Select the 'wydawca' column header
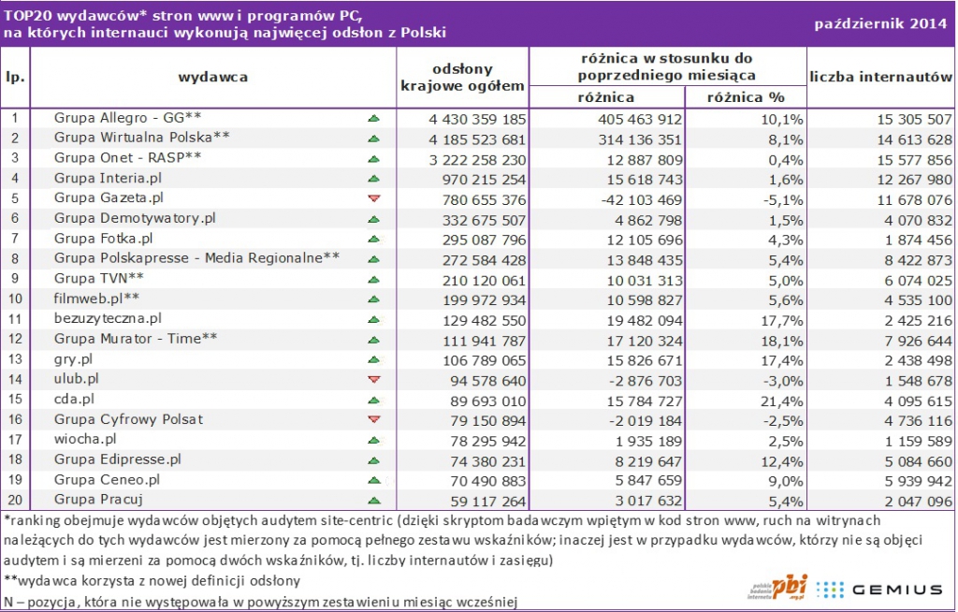pyautogui.click(x=213, y=77)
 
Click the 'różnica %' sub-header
pyautogui.click(x=745, y=97)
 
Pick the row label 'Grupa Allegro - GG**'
pyautogui.click(x=128, y=118)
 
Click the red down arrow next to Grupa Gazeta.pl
pyautogui.click(x=374, y=198)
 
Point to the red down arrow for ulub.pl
pyautogui.click(x=374, y=379)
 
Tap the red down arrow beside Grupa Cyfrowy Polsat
pyautogui.click(x=374, y=419)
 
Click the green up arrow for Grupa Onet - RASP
pyautogui.click(x=374, y=158)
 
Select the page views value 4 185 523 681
pyautogui.click(x=464, y=138)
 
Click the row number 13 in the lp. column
pyautogui.click(x=15, y=359)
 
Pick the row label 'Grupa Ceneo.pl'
pyautogui.click(x=108, y=479)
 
